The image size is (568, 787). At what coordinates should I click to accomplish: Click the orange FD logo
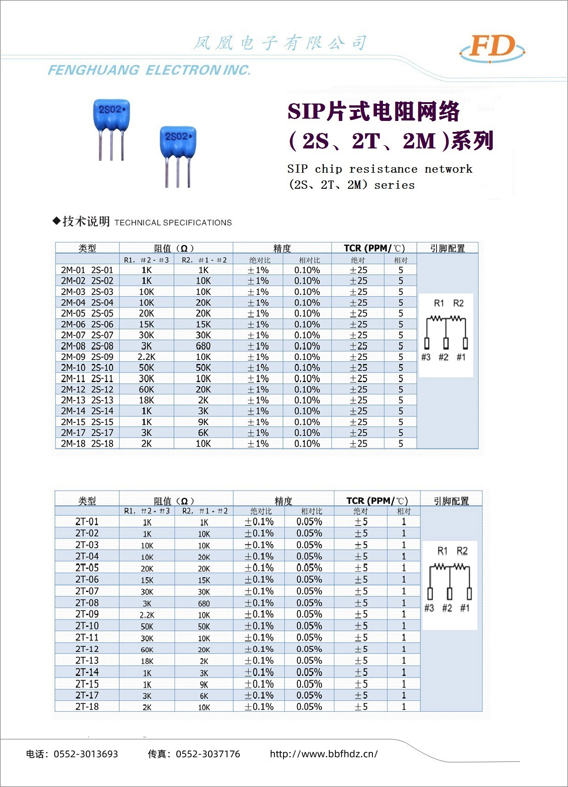click(492, 48)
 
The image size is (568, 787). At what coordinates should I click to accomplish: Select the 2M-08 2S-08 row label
click(87, 346)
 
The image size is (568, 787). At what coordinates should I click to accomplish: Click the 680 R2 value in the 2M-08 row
click(203, 346)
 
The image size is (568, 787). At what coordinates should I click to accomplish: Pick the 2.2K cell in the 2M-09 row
click(147, 357)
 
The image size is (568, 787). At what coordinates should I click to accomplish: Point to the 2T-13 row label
click(87, 660)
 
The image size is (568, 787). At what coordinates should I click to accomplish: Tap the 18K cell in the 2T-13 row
click(147, 661)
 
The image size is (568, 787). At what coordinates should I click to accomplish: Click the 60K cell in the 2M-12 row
click(147, 389)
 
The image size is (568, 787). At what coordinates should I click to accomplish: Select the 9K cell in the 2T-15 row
click(204, 684)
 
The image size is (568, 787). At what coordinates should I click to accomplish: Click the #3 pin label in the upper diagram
click(426, 357)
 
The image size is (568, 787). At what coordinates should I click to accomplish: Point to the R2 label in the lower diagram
click(462, 551)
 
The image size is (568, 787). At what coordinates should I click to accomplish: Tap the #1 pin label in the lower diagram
click(465, 608)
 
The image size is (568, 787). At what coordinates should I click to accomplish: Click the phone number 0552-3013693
click(86, 754)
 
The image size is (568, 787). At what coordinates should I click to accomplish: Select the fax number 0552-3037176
click(208, 754)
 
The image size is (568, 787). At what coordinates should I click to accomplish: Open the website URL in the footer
click(324, 754)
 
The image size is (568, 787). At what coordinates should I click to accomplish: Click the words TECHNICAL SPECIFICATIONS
click(173, 223)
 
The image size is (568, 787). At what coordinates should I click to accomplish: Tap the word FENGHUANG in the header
click(93, 70)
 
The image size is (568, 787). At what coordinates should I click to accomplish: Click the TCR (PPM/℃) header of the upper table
click(374, 248)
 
